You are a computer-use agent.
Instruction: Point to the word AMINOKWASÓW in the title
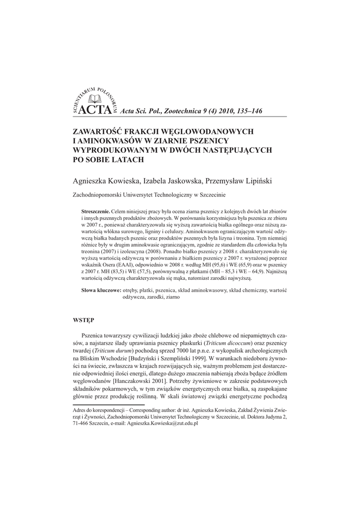tap(107, 141)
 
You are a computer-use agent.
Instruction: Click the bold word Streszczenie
tap(95, 211)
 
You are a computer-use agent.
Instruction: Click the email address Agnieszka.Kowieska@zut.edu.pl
tap(163, 425)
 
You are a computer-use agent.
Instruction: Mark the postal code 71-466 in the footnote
tap(82, 425)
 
